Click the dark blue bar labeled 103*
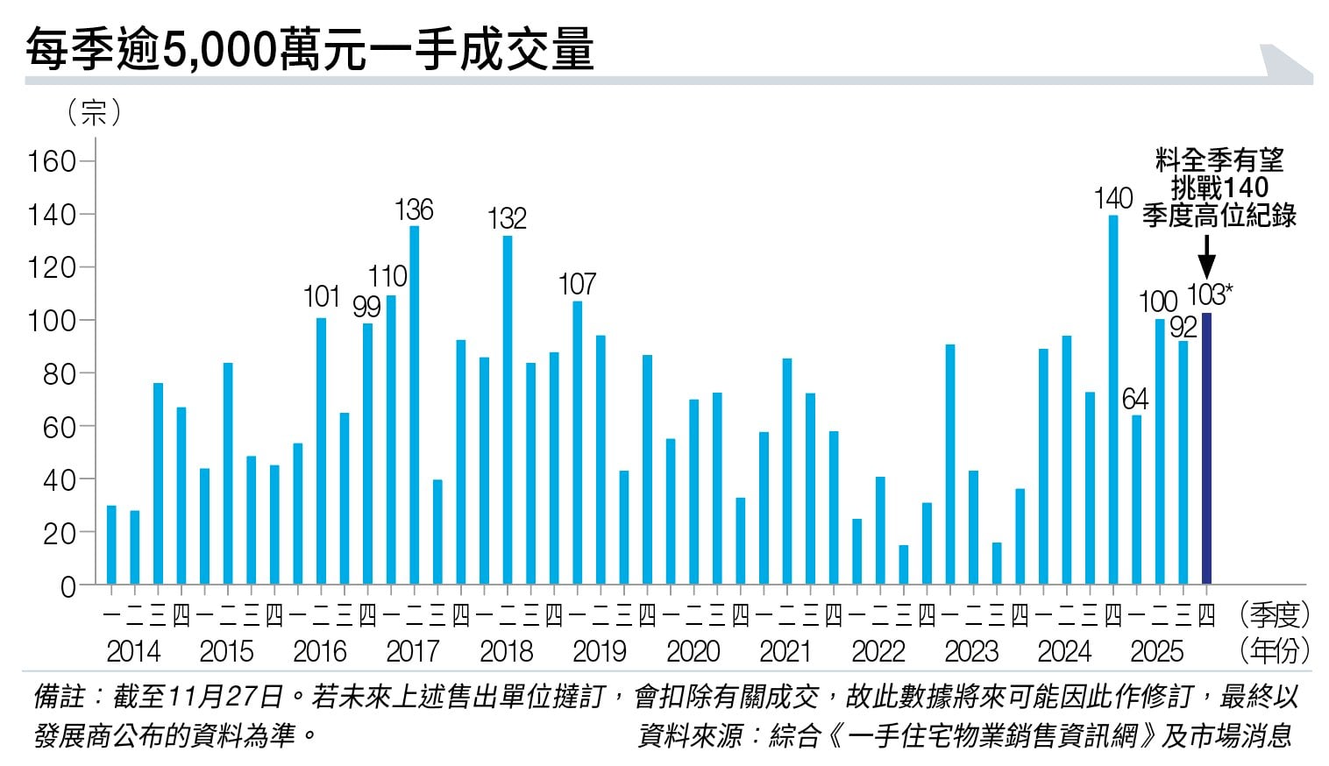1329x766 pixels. coord(1206,449)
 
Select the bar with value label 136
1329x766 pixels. coord(414,405)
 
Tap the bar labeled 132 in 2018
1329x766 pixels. coord(508,410)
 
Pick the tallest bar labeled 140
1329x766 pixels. coord(1113,400)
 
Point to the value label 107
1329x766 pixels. coord(577,285)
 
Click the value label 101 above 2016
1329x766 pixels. coord(321,297)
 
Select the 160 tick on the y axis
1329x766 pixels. coord(52,162)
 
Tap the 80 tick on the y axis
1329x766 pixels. coord(59,374)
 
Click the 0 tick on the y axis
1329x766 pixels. coord(68,586)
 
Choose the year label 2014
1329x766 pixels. coord(133,651)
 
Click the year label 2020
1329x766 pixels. coord(693,651)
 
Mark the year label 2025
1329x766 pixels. coord(1156,651)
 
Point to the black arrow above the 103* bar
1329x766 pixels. coord(1206,256)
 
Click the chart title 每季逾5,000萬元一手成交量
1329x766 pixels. coord(309,49)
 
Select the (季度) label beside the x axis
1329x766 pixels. coord(1275,615)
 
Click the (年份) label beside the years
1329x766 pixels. coord(1275,651)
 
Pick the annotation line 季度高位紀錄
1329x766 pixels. coord(1219,216)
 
